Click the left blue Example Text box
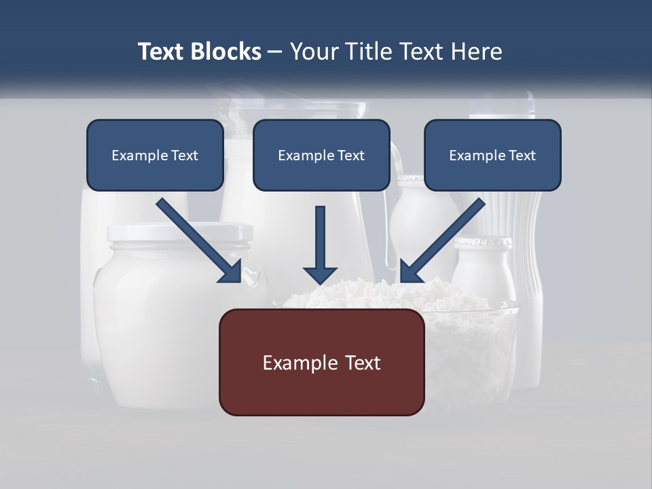coord(155,156)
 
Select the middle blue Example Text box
coord(321,156)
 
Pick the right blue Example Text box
coord(492,156)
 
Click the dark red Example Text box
coord(321,363)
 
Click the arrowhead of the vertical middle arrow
coord(320,275)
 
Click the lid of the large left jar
coord(179,233)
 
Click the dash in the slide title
coord(275,52)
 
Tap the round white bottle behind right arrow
coord(418,217)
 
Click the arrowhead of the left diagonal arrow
coord(231,272)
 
